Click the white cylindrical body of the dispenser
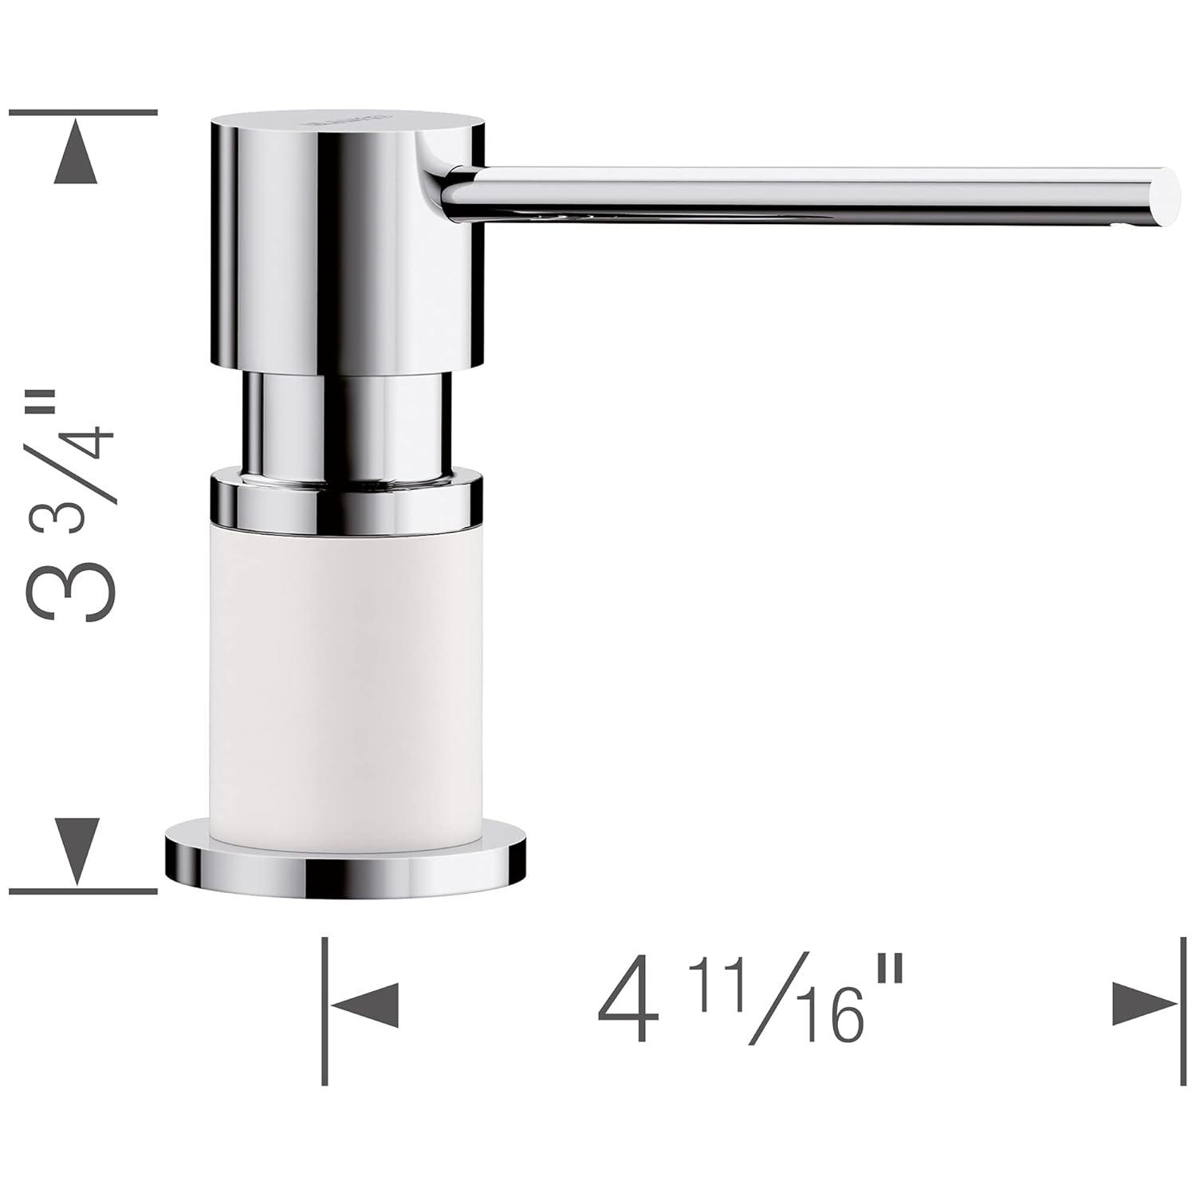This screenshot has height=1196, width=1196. (346, 678)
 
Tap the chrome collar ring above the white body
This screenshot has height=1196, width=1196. (346, 500)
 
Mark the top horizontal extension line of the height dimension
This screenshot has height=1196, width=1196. (83, 112)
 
